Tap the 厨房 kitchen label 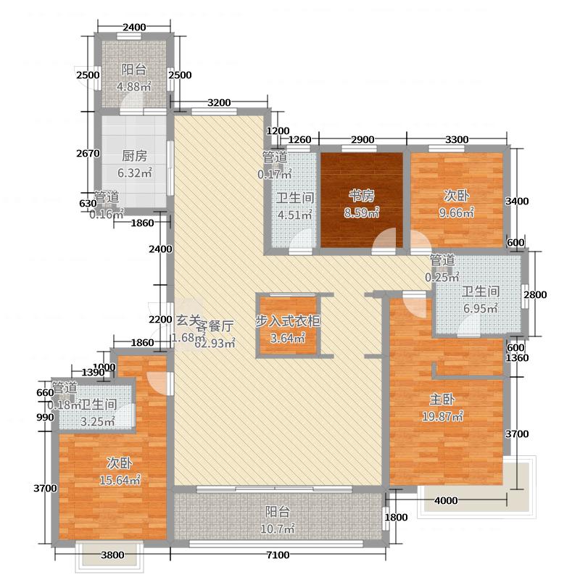134,156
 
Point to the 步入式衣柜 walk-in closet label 288,321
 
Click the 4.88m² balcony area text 134,87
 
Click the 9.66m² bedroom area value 458,212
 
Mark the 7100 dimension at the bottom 277,555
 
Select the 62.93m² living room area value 215,344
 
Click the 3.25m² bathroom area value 99,422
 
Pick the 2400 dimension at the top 134,28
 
